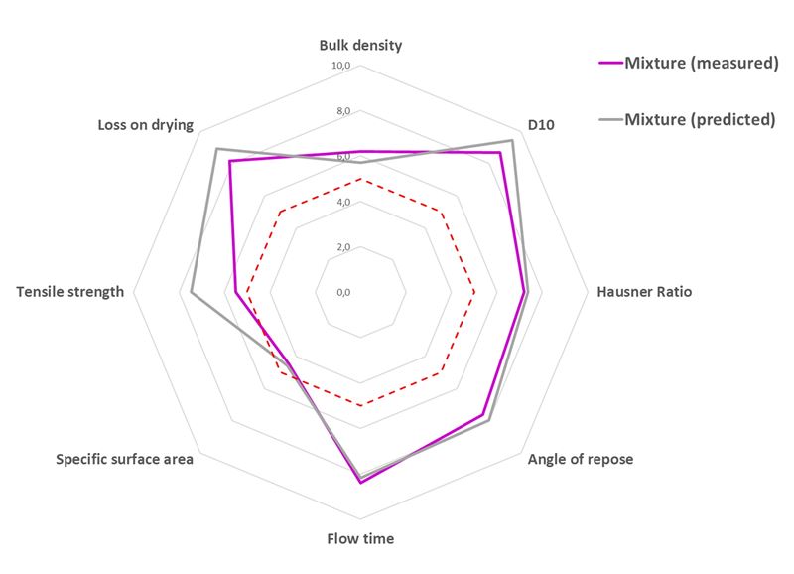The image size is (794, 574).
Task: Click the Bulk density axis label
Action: point(360,46)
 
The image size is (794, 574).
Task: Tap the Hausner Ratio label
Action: point(643,292)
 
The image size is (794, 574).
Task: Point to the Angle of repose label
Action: point(581,459)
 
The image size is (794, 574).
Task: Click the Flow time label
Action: point(360,539)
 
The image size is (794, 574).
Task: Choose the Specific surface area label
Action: point(124,459)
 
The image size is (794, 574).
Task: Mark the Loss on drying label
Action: point(145,125)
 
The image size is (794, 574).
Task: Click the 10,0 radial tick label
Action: point(341,66)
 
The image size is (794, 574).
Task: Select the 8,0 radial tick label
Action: point(343,111)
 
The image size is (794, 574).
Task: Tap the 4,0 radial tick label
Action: point(343,203)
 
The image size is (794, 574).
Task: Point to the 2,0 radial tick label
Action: point(343,247)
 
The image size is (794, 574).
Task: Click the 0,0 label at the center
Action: point(343,293)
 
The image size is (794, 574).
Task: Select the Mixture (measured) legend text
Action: point(700,64)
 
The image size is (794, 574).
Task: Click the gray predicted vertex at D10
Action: point(512,141)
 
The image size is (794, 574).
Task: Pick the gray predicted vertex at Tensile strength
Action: point(192,292)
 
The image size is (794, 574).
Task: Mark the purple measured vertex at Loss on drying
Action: point(229,162)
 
